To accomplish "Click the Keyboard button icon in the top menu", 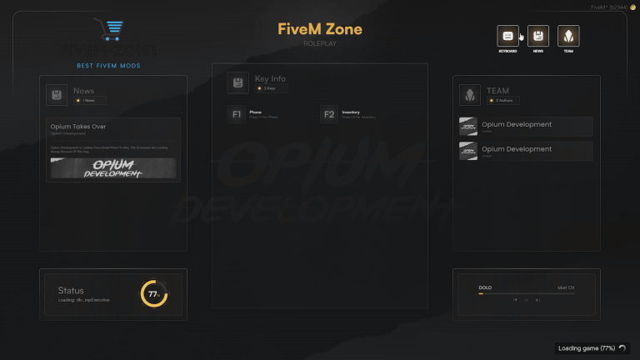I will (507, 36).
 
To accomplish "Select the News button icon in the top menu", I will (538, 36).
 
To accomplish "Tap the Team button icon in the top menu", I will (568, 36).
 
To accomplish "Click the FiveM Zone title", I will (320, 29).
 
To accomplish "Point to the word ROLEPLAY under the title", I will (320, 43).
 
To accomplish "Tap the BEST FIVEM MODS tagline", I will (108, 65).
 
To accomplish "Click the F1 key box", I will (237, 114).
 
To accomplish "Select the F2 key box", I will (329, 114).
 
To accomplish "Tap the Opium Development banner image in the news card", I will (112, 168).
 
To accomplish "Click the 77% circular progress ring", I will (153, 294).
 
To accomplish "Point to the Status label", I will (71, 291).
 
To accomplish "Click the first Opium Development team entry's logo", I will (467, 127).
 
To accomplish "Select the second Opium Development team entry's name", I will (517, 149).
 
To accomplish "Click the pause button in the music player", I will (527, 299).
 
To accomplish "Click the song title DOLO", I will (485, 287).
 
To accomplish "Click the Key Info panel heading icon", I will (237, 82).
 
